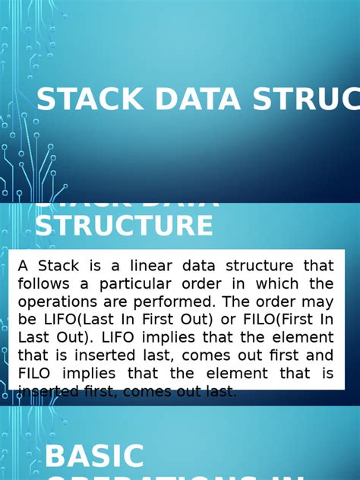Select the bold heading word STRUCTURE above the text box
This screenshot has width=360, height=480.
tap(125, 226)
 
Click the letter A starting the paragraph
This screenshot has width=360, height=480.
tap(23, 266)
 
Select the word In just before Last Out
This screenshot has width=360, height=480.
tap(325, 320)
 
